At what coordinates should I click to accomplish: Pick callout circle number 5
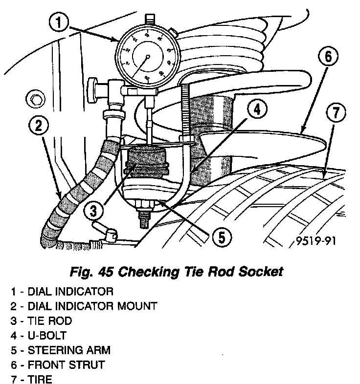[x=221, y=237]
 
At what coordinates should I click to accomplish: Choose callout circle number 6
[x=328, y=57]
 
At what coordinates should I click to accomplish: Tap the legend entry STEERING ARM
[x=61, y=350]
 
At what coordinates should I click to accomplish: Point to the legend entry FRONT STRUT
[x=58, y=364]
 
